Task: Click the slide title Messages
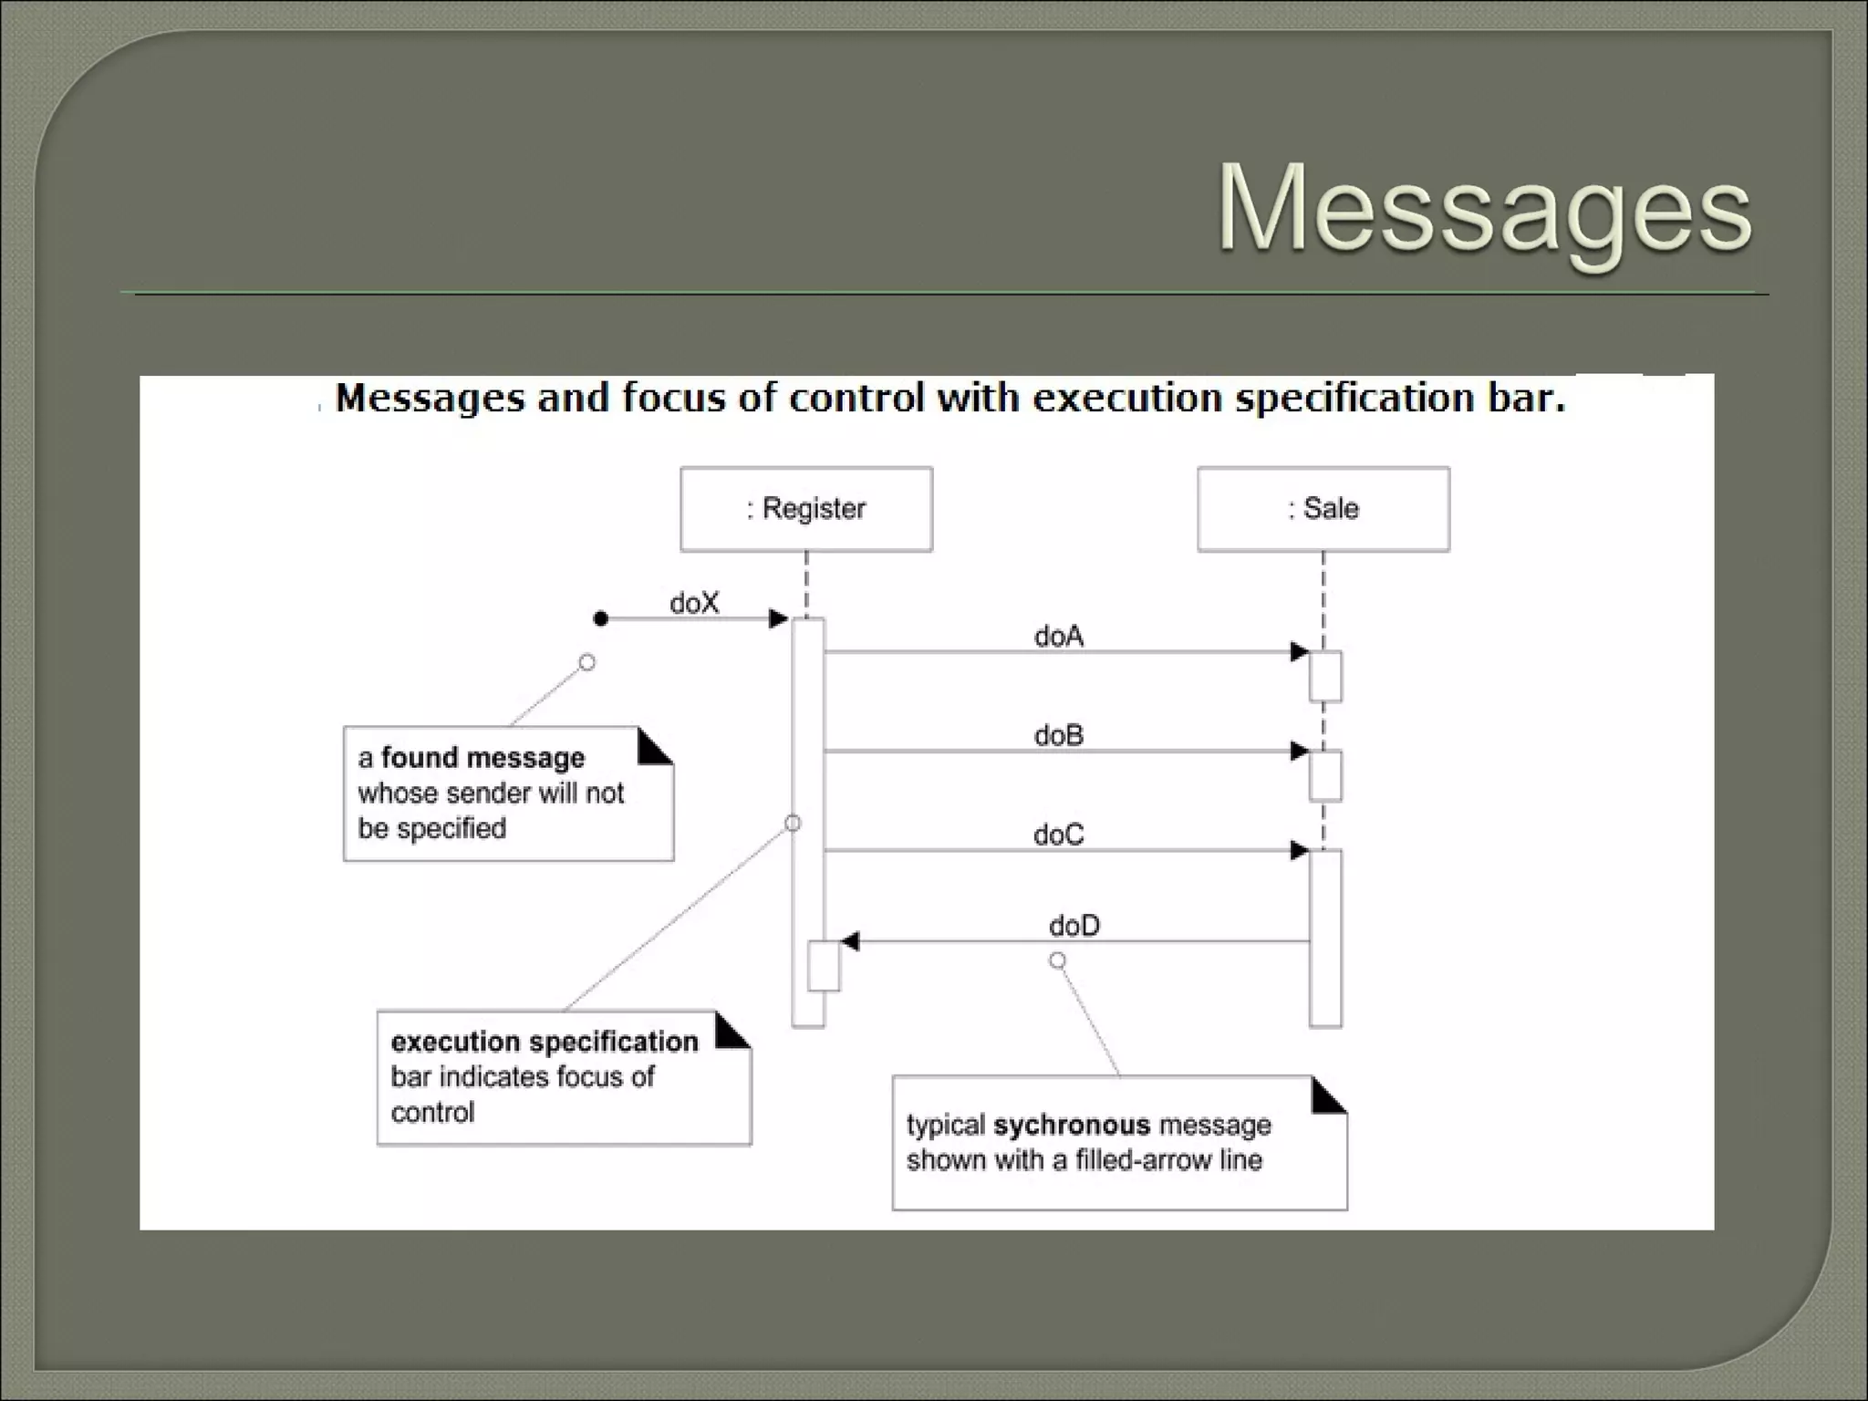[1484, 209]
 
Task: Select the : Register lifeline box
[806, 509]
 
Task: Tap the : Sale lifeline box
[1323, 509]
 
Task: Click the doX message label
[694, 603]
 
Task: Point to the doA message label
[1058, 636]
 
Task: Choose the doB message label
[1058, 735]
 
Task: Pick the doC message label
[1058, 835]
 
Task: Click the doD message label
[1074, 926]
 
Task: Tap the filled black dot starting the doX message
[600, 619]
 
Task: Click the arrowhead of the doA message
[1299, 652]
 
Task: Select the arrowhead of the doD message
[850, 941]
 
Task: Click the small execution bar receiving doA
[1325, 676]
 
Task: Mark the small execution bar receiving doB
[1325, 775]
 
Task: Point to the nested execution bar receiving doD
[824, 966]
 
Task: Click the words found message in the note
[483, 758]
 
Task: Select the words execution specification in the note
[544, 1042]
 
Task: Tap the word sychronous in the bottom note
[1071, 1125]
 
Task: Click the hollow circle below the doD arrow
[1057, 960]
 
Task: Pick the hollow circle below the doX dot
[587, 662]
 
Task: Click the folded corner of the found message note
[652, 747]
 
